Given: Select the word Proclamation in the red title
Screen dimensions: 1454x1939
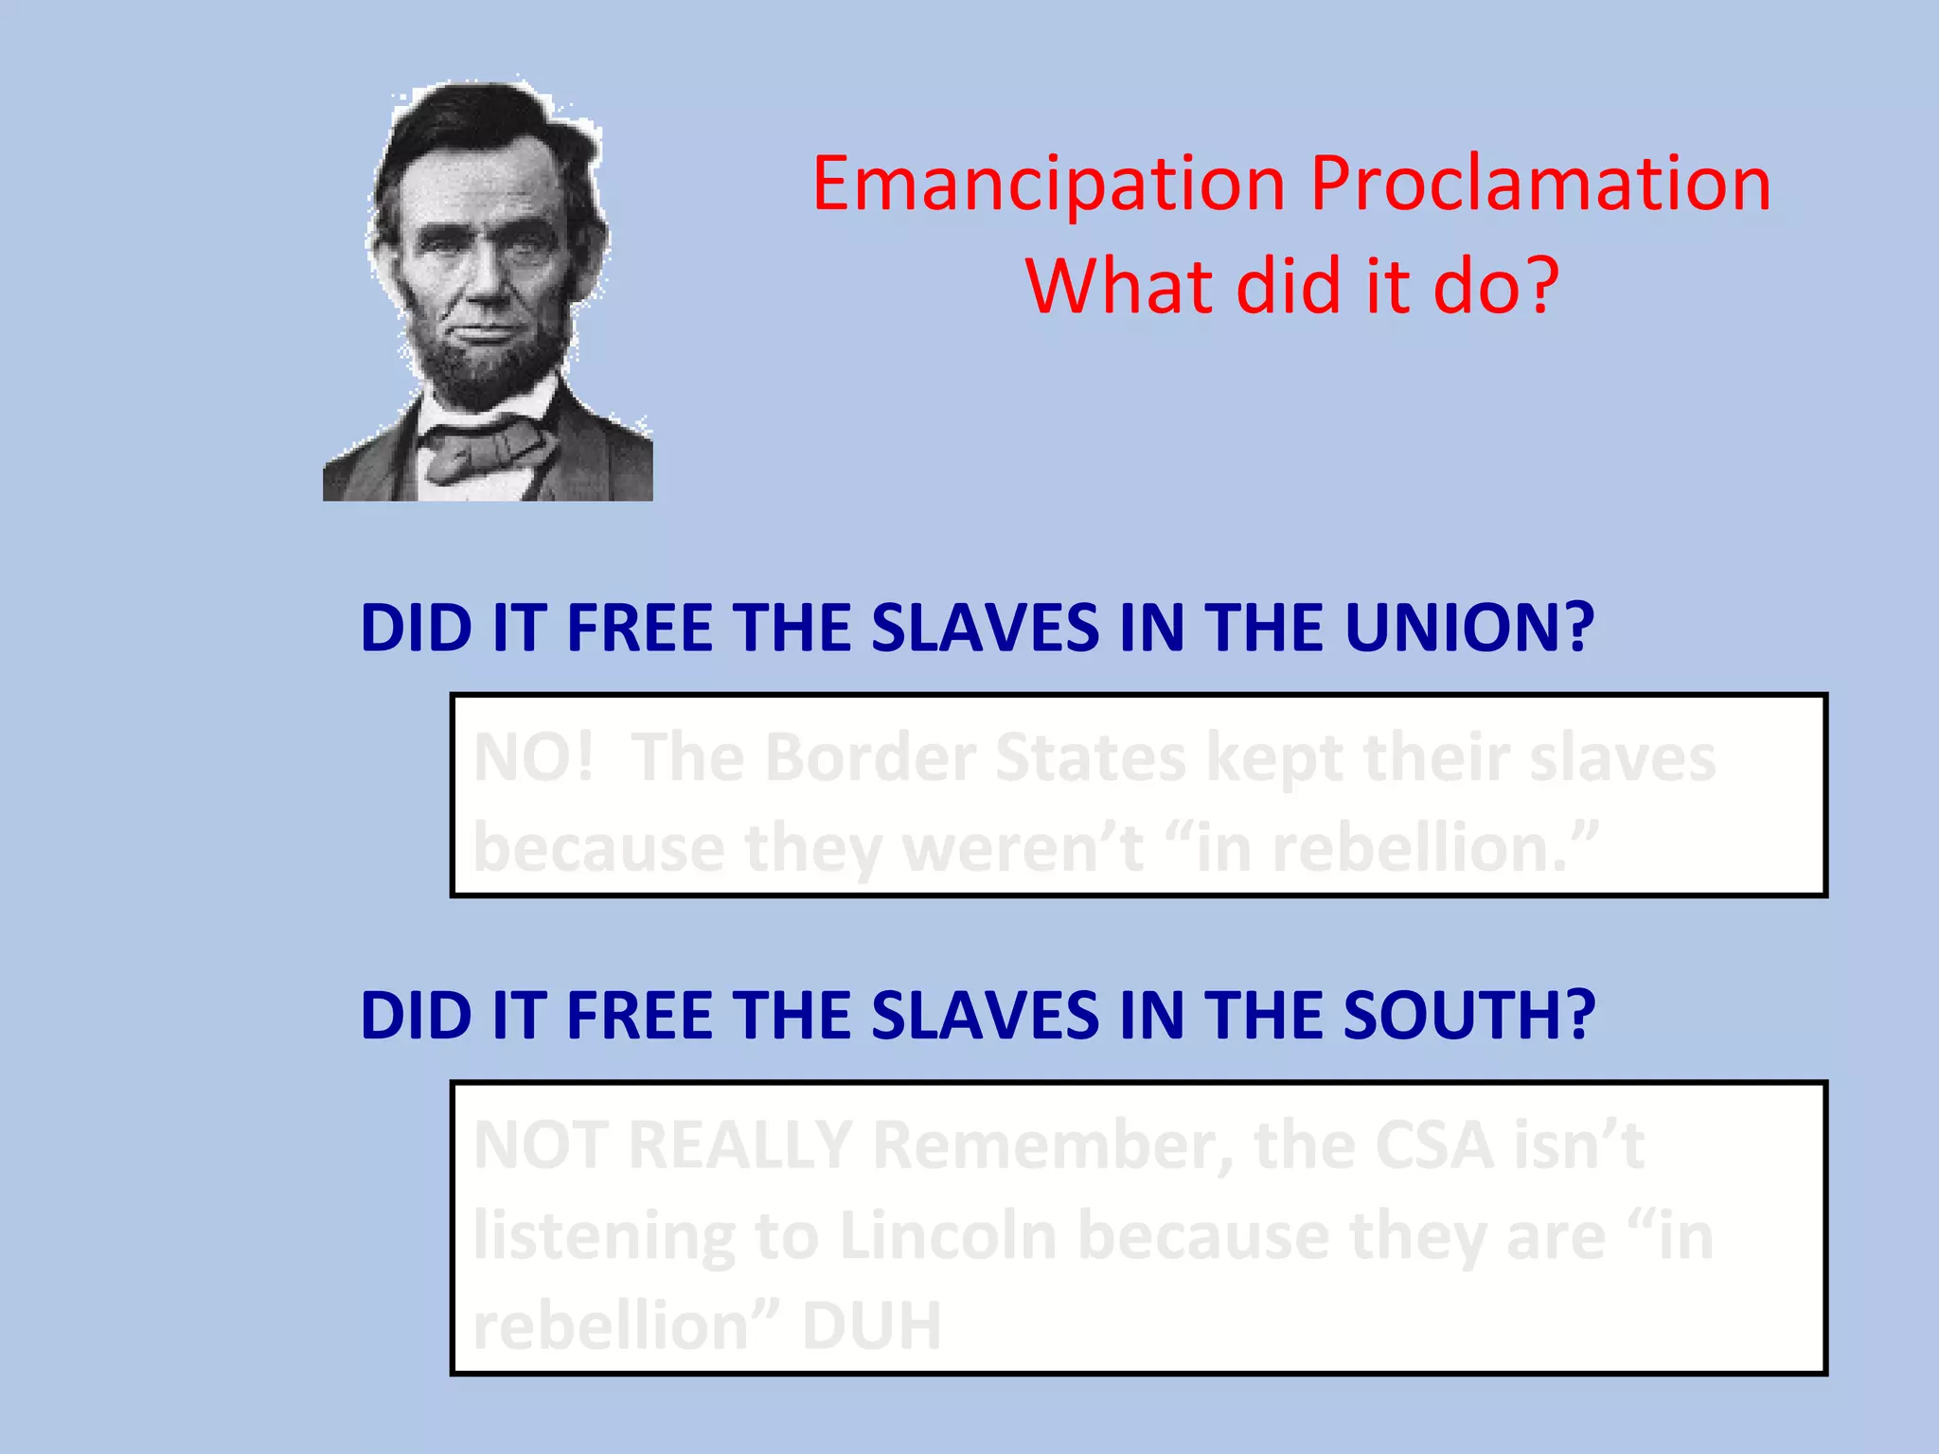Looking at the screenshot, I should coord(1540,185).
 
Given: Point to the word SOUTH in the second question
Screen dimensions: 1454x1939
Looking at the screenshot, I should coord(1469,1016).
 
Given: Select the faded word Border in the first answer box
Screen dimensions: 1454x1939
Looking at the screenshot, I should coord(869,759).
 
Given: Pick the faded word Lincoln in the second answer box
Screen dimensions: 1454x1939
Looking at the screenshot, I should coord(948,1236).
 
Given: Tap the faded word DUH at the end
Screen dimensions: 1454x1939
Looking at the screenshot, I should coord(871,1325).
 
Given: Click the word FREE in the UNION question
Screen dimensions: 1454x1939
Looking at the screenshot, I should coord(639,629).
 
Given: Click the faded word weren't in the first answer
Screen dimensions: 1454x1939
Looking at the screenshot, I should coord(1023,848).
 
